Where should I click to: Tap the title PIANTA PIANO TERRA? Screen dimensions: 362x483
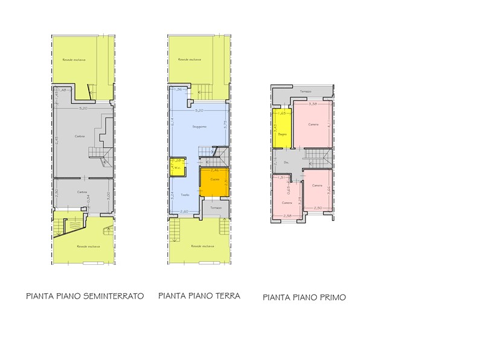click(199, 296)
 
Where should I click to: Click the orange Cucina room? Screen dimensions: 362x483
click(214, 180)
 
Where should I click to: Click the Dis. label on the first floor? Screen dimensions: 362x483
click(286, 162)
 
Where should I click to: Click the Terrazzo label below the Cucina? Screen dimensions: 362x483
click(216, 208)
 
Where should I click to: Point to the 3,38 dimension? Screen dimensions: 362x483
click(313, 104)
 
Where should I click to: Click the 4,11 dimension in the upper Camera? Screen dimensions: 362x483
click(329, 125)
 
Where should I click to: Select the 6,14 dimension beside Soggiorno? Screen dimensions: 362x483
click(172, 121)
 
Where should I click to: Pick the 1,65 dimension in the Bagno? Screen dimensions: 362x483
click(282, 113)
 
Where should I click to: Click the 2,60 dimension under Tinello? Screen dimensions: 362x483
click(185, 211)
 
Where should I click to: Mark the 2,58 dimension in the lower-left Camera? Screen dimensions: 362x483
click(287, 215)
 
